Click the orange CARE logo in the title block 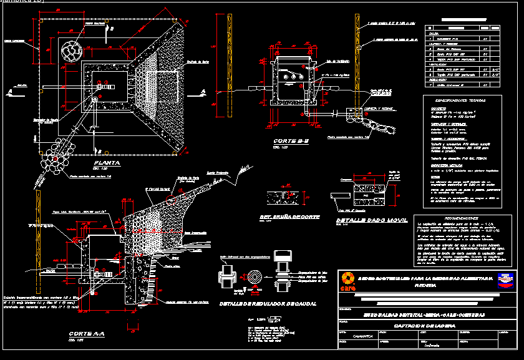[x=347, y=281]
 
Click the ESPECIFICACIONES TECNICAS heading [x=462, y=100]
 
